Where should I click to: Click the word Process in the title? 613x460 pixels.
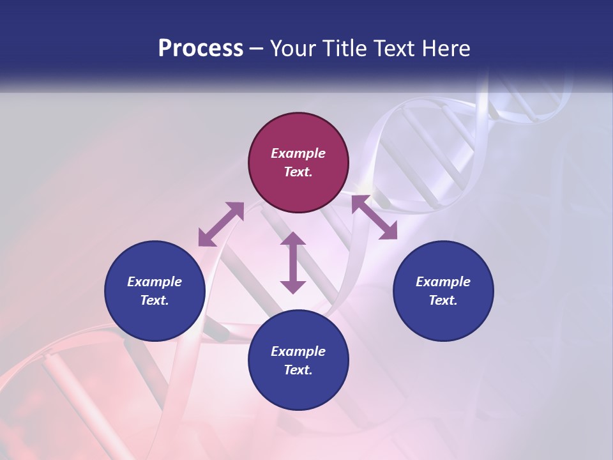(x=201, y=49)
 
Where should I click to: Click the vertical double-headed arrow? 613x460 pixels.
(x=293, y=263)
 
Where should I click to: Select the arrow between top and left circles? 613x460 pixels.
(x=221, y=224)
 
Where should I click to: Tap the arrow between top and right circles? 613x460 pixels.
(x=374, y=217)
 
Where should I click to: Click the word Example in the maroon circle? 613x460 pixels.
(x=298, y=153)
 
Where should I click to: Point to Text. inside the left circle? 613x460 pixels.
(x=155, y=300)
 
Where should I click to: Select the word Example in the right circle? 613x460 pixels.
(x=443, y=282)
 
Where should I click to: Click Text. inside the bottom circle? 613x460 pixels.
(x=298, y=370)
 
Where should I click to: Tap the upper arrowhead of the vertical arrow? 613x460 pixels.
(x=293, y=239)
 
